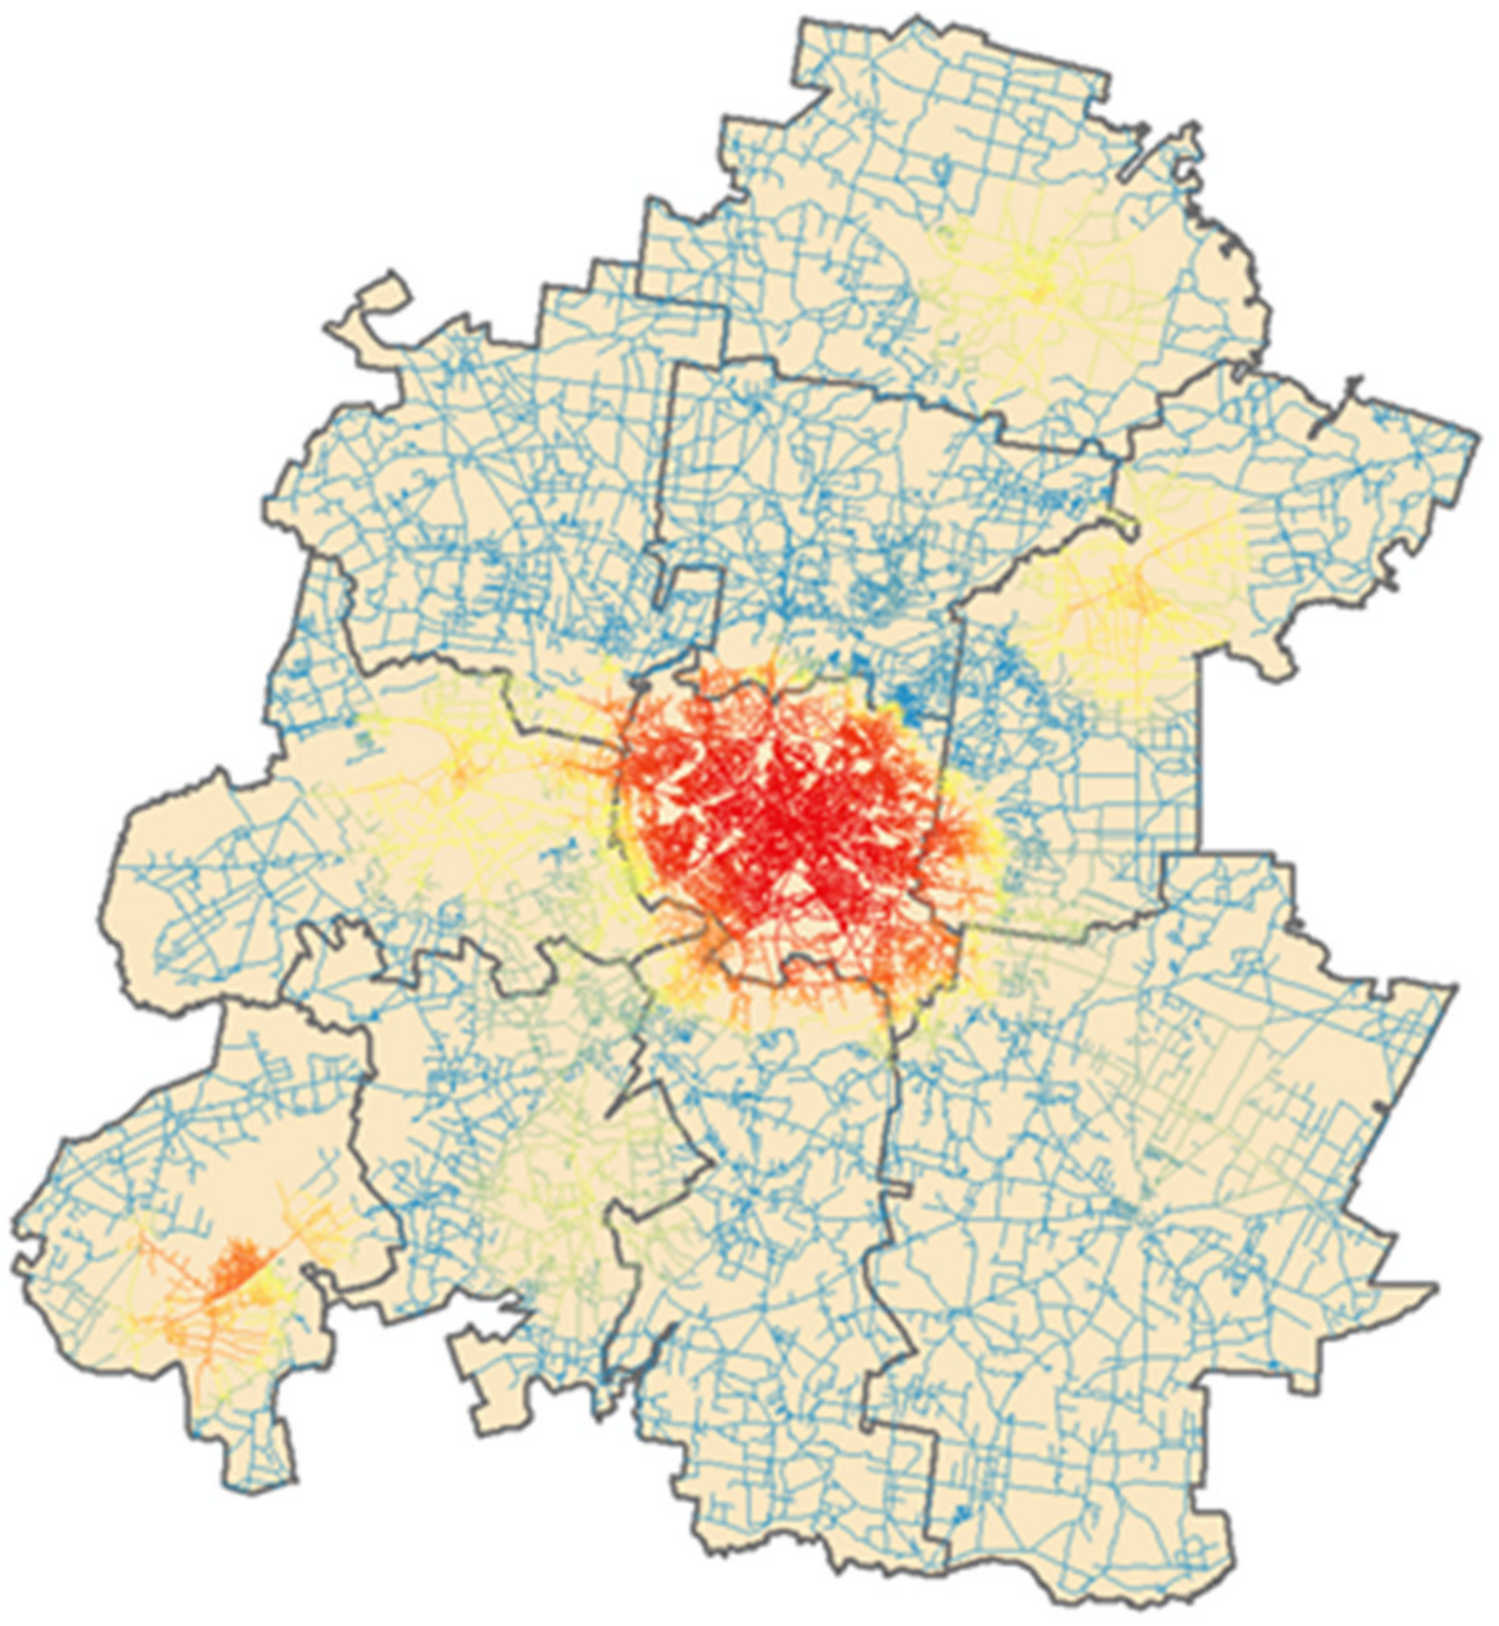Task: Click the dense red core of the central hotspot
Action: click(x=785, y=819)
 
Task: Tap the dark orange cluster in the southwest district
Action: click(x=237, y=1273)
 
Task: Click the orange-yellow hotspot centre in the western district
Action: click(x=456, y=770)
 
